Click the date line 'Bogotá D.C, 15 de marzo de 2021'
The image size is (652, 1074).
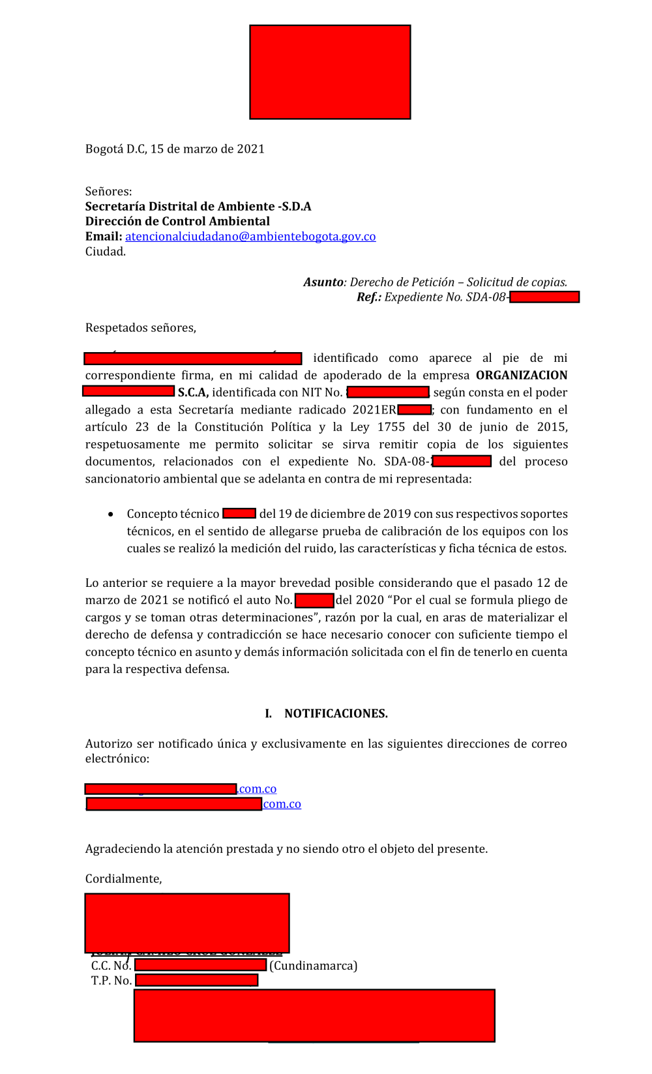175,149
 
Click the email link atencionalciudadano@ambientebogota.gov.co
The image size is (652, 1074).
250,236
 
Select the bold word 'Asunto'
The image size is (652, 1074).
323,282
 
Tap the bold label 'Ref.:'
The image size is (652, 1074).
369,297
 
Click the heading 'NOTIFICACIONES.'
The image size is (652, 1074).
336,713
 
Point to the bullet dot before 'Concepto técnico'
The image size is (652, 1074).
111,515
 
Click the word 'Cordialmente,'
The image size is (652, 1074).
123,878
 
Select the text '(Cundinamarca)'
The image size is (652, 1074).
313,965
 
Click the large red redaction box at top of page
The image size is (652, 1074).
330,72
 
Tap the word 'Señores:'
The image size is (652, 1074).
108,191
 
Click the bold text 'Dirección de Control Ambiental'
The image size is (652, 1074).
177,221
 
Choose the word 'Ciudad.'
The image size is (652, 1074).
106,251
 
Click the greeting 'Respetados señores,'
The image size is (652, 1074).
141,327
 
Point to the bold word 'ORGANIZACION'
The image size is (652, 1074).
522,375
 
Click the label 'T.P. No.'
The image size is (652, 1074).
111,980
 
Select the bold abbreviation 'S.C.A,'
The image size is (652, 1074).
193,392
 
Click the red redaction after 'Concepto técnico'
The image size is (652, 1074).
239,513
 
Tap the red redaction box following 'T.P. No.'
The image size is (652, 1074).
196,980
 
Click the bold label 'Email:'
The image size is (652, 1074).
104,236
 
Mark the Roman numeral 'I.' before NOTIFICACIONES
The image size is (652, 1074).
268,713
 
